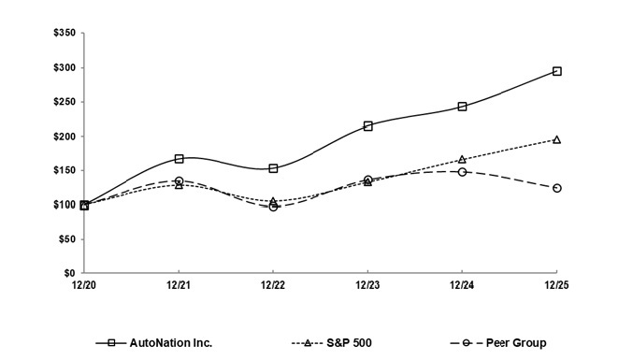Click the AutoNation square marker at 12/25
pos(556,71)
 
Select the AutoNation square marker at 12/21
pos(179,159)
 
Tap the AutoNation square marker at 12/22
pos(273,168)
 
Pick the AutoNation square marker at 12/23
pos(367,125)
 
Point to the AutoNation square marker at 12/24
pos(462,107)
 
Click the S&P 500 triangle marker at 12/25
pos(556,139)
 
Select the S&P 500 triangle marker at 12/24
pos(462,160)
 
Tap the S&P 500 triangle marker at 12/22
pos(273,201)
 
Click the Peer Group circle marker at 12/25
pos(556,188)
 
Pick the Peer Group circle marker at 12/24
pos(462,172)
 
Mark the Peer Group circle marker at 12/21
pos(179,181)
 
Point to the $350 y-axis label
pos(64,34)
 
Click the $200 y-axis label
pos(64,137)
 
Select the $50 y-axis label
pos(66,239)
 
